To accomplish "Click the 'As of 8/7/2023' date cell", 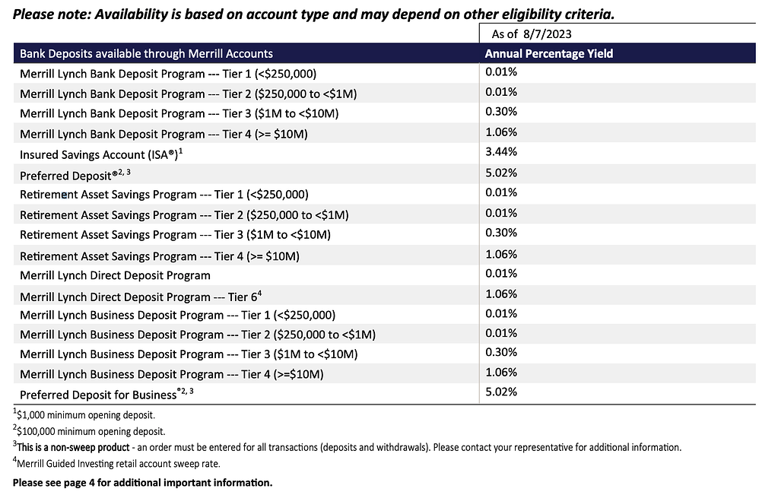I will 532,33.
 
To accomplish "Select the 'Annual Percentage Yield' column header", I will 548,54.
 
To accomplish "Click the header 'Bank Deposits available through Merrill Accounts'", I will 146,54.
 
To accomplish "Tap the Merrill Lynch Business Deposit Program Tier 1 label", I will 177,315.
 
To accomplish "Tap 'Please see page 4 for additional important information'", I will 142,482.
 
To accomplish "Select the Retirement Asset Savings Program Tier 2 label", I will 184,215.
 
